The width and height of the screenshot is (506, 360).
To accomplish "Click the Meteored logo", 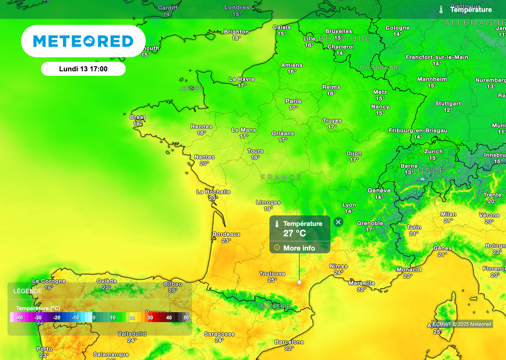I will point(83,41).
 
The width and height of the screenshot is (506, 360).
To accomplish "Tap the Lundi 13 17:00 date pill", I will point(83,69).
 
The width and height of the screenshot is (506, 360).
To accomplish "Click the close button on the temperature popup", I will point(338,222).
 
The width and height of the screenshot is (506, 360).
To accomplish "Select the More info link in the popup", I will point(299,248).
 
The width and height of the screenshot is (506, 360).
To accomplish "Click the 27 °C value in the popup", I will point(295,234).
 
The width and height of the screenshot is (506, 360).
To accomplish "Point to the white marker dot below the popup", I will point(299,282).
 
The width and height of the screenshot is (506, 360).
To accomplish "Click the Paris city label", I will point(293,101).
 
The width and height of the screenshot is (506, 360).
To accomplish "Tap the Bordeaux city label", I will point(226,234).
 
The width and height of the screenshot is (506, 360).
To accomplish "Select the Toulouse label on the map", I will point(272,274).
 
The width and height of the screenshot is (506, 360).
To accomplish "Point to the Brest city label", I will point(137,117).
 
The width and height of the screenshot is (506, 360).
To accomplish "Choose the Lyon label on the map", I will point(349,205).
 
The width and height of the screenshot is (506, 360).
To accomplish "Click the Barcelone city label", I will point(289,342).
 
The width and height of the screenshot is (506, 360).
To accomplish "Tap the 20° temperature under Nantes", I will point(204,163).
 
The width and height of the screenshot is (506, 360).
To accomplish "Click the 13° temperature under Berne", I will point(409,172).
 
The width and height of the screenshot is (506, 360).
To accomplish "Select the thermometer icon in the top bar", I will point(441,9).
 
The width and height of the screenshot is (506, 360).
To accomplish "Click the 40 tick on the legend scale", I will point(169,318).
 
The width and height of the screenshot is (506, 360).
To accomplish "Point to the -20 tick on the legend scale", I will point(56,318).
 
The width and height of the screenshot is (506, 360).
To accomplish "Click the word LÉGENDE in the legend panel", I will point(28,291).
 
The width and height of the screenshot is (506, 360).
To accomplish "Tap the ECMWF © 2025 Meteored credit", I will point(462,324).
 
